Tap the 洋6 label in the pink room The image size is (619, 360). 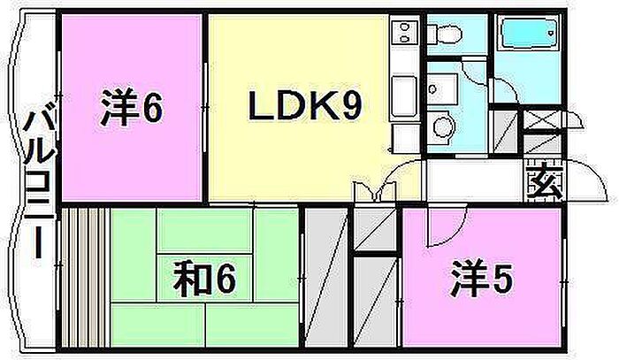131,110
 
